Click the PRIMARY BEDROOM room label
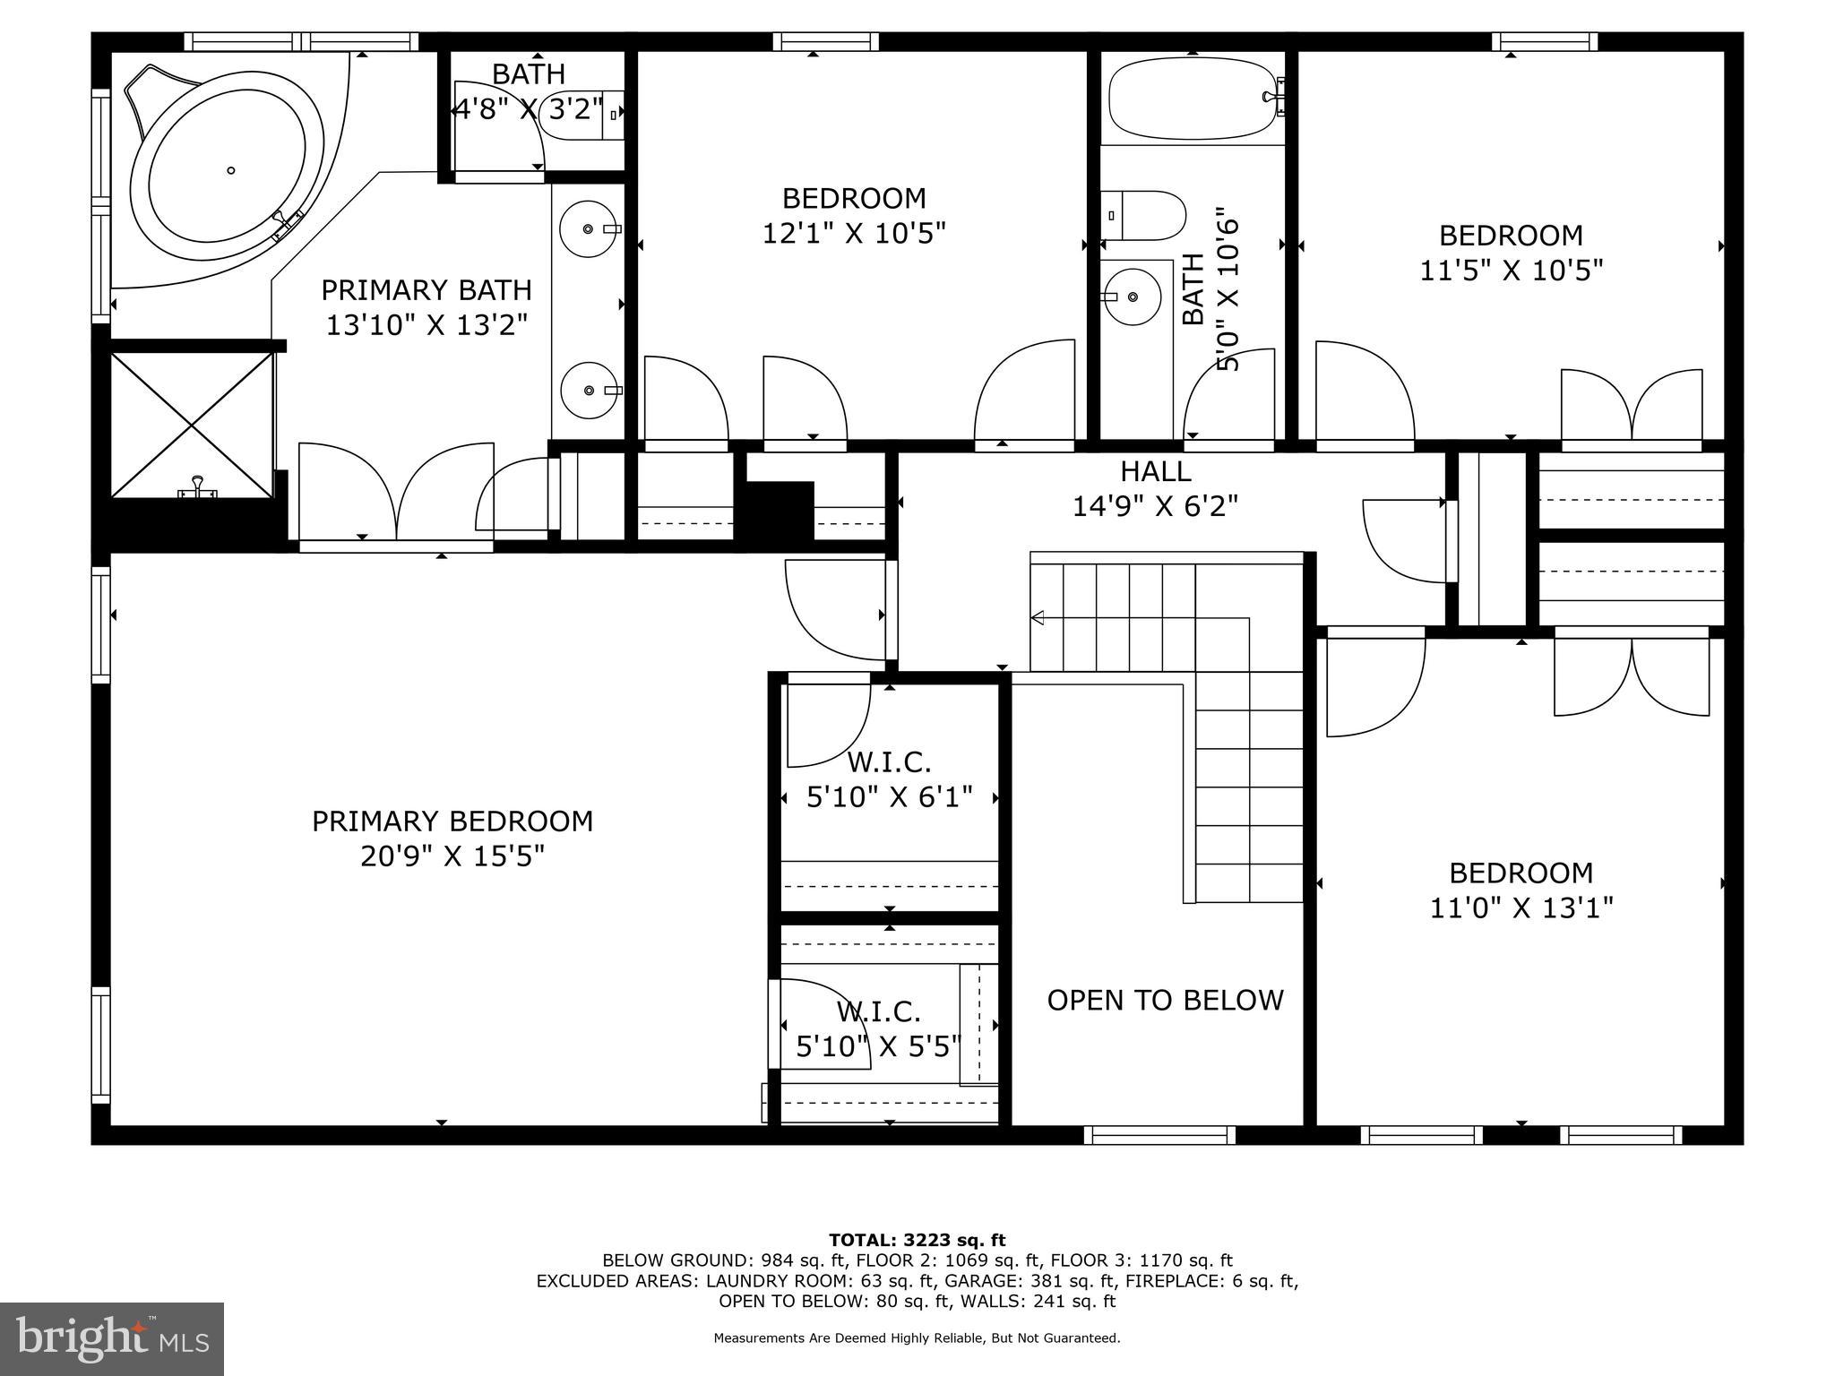click(x=452, y=821)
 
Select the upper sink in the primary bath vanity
click(x=588, y=229)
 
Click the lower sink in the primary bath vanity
click(x=589, y=391)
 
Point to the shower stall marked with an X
click(x=191, y=424)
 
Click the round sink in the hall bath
click(x=1133, y=297)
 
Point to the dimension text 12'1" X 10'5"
click(x=854, y=233)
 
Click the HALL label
click(x=1155, y=471)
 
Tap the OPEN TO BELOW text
click(x=1165, y=1000)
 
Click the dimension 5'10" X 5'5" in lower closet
click(x=878, y=1045)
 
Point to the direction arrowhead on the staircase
click(x=1038, y=617)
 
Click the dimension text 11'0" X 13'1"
click(x=1521, y=908)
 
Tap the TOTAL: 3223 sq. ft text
click(x=917, y=1240)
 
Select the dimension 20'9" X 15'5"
click(x=452, y=857)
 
